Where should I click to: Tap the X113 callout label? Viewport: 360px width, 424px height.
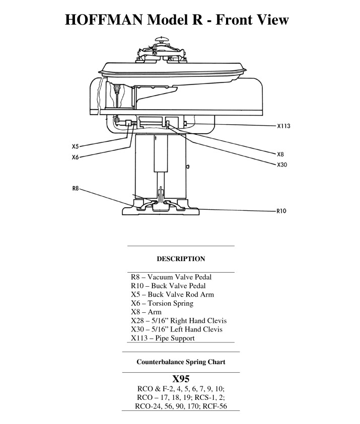[x=283, y=126]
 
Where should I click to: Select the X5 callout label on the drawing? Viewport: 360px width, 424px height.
[x=75, y=147]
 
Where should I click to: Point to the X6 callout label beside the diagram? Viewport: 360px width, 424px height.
[x=75, y=157]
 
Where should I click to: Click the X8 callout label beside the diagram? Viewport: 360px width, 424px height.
[x=280, y=154]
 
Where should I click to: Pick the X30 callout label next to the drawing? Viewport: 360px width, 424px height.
[x=282, y=164]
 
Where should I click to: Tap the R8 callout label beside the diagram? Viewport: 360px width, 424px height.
[x=75, y=189]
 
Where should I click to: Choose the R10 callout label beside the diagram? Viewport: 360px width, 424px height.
[x=281, y=211]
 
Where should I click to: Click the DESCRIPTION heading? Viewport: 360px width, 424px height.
[x=181, y=259]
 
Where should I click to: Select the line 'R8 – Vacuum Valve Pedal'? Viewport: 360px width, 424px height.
[x=171, y=277]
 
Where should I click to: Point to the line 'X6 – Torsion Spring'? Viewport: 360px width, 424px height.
[x=162, y=303]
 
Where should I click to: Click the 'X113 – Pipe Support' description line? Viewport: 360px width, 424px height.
[x=163, y=338]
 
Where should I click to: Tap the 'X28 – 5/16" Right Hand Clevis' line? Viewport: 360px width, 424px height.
[x=179, y=320]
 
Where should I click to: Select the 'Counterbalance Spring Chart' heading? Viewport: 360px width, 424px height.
[x=181, y=362]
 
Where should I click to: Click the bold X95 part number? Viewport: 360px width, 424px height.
[x=181, y=378]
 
